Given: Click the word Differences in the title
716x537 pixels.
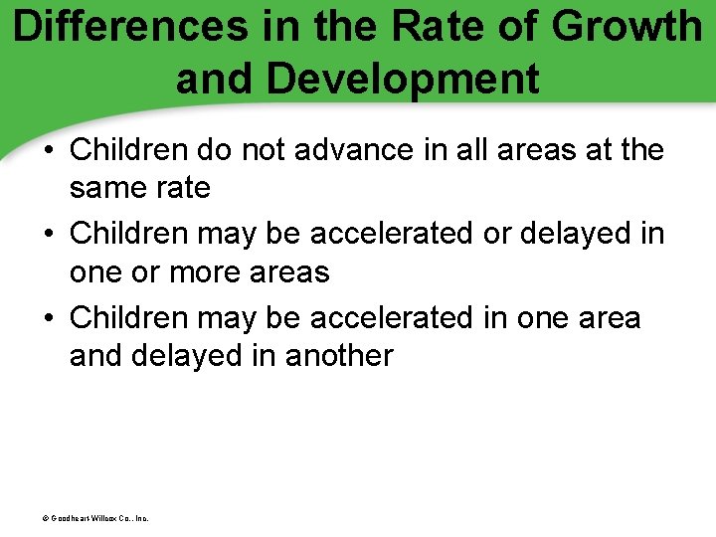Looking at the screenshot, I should [130, 28].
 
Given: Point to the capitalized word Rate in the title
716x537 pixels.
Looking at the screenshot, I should [430, 28].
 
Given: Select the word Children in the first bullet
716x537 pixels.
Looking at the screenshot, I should [128, 150].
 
